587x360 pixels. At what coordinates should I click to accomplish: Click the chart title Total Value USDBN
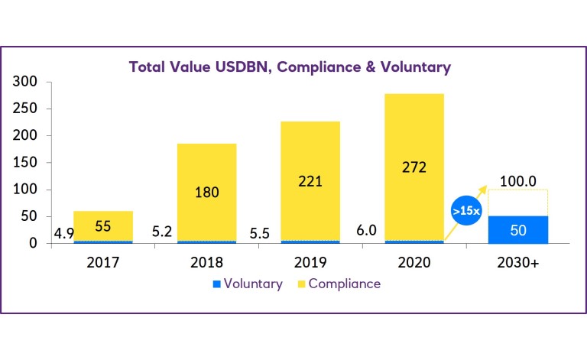(x=290, y=67)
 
